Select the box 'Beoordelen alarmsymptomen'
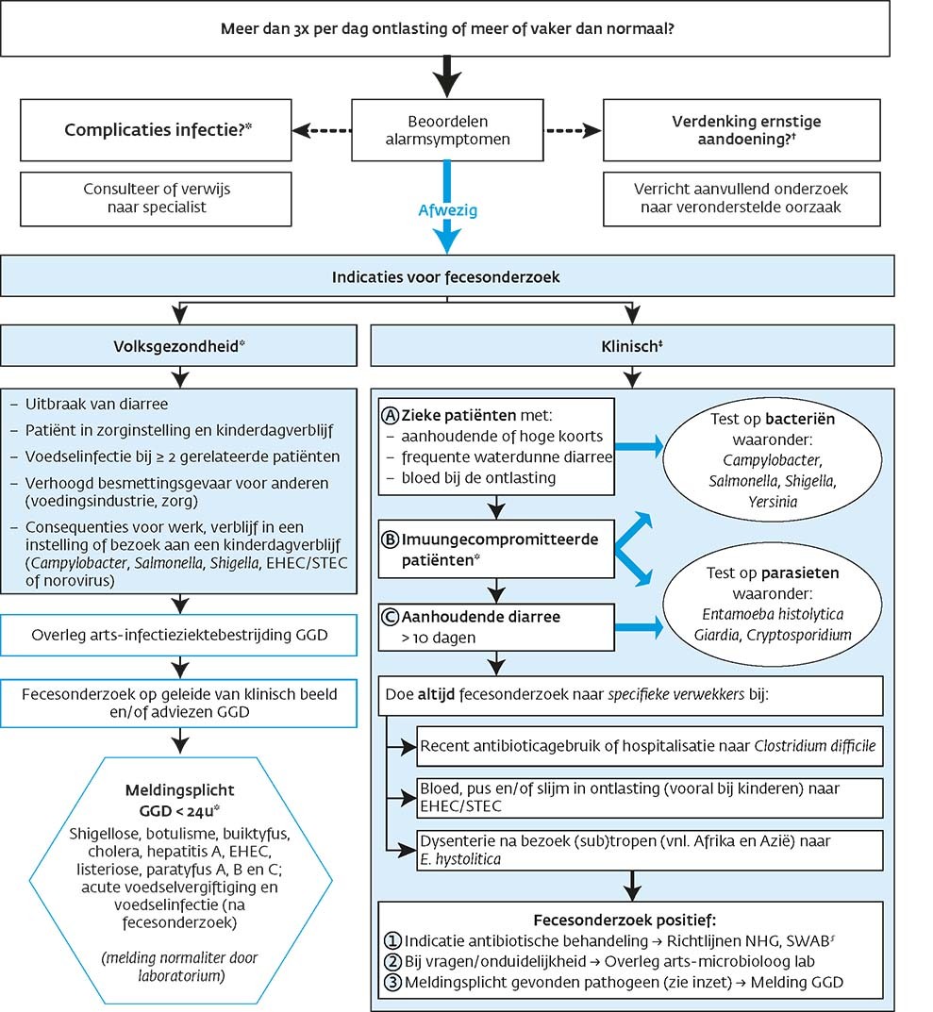[x=446, y=131]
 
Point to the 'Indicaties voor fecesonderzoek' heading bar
[x=446, y=278]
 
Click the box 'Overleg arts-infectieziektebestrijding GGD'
[x=179, y=635]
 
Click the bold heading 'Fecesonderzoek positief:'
[x=631, y=920]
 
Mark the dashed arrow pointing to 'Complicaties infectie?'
[x=320, y=131]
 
